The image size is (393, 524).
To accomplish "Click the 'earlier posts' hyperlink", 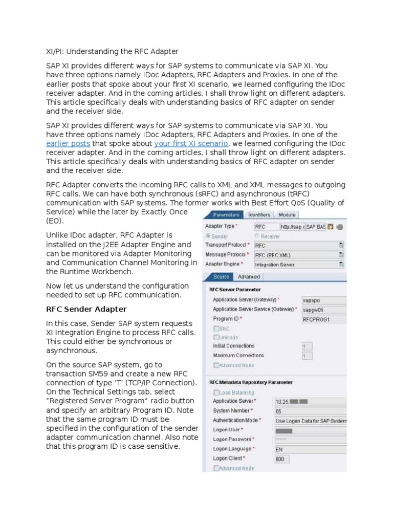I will [x=68, y=144].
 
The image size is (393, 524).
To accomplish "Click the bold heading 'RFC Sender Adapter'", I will [x=86, y=309].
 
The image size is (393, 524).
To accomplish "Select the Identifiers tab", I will [x=258, y=215].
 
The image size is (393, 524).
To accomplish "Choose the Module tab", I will [x=287, y=215].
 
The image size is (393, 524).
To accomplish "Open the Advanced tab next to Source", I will [x=249, y=277].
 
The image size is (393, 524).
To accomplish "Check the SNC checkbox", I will [x=216, y=329].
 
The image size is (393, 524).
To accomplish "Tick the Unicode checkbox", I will [x=216, y=338].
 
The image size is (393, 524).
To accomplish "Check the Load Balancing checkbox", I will [x=216, y=392].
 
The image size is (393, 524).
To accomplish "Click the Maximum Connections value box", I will [x=307, y=356].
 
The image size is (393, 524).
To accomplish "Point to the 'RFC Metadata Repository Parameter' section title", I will [x=251, y=382].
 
